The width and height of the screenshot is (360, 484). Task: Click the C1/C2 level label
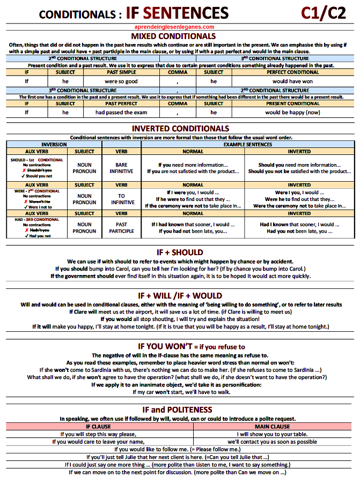(x=324, y=12)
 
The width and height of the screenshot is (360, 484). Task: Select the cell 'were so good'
(x=121, y=81)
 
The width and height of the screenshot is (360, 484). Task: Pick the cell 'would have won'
(x=292, y=81)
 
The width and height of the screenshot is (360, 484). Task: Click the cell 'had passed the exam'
(x=121, y=113)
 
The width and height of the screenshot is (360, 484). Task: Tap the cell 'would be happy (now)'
(x=292, y=113)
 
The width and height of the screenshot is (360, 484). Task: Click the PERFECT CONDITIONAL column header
(x=292, y=72)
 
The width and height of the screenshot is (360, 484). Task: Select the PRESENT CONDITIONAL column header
(x=292, y=103)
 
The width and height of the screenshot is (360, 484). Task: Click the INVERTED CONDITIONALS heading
(x=180, y=129)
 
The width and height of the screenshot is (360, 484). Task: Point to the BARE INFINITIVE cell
(x=121, y=168)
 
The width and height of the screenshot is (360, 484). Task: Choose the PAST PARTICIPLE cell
(x=121, y=228)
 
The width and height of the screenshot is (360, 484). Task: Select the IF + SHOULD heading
(x=180, y=252)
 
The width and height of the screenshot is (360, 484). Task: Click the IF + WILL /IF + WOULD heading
(x=180, y=295)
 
